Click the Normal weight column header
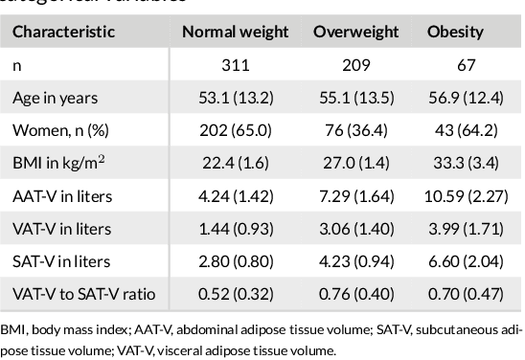coord(235,32)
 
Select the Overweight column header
coord(355,32)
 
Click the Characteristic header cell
coord(63,32)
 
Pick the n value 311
coord(235,65)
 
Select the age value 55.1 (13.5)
coord(355,98)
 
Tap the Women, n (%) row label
coord(55,130)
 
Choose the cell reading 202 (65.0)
coord(235,130)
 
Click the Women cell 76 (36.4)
coord(355,130)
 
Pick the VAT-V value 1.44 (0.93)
coord(235,228)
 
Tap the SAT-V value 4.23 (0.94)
coord(355,260)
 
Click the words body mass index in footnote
coord(74,331)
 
